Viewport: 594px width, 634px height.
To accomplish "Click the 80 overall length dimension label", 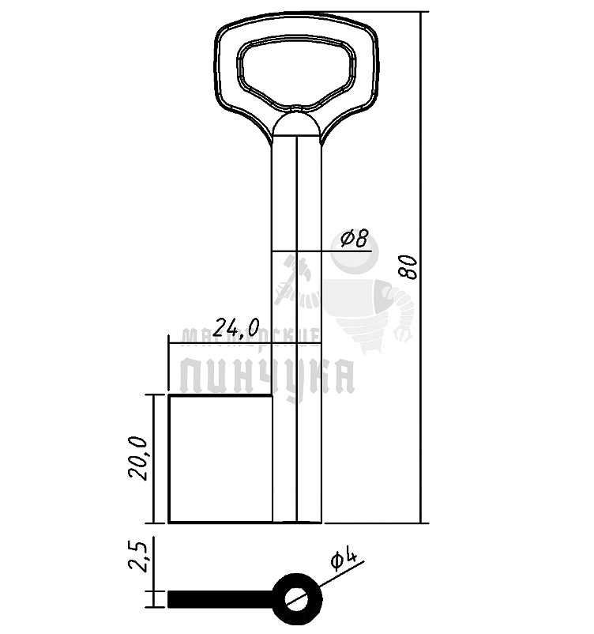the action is pyautogui.click(x=408, y=267).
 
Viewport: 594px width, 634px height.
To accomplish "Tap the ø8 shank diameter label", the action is pyautogui.click(x=355, y=238).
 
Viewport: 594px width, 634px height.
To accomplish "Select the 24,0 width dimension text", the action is pyautogui.click(x=236, y=327).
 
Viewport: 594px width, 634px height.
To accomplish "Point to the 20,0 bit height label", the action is pyautogui.click(x=138, y=459).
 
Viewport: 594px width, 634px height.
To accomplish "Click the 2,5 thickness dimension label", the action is pyautogui.click(x=138, y=555).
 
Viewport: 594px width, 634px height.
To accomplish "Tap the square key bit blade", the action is pyautogui.click(x=220, y=459).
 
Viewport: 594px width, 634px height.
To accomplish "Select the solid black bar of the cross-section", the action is pyautogui.click(x=220, y=599).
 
